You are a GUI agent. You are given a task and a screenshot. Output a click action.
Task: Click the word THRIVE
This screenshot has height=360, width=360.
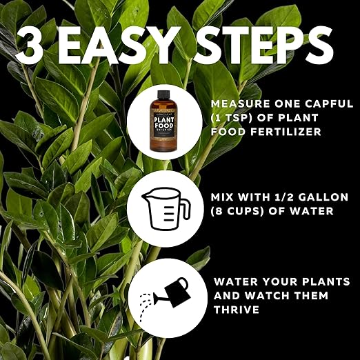tap(236, 310)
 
